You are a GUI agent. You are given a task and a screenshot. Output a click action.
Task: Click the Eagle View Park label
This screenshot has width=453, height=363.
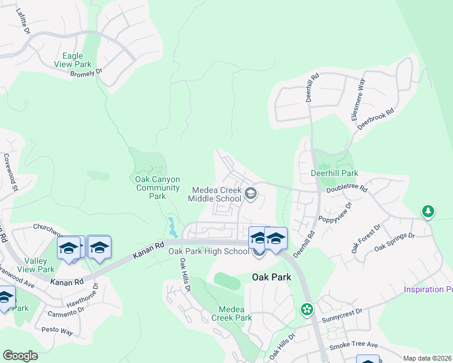(x=72, y=60)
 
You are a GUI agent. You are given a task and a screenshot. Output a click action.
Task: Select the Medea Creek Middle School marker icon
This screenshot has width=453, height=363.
(x=251, y=194)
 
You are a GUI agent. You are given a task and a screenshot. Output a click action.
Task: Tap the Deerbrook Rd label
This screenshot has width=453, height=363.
(x=376, y=119)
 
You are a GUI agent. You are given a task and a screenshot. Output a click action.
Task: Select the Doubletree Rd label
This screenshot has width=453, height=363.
(x=347, y=189)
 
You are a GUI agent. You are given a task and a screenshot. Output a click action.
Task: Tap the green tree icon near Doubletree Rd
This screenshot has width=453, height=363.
(x=428, y=211)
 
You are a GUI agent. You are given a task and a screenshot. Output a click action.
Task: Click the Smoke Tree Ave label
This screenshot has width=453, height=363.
(x=354, y=345)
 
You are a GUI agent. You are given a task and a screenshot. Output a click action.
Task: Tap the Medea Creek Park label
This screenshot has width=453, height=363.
(x=231, y=313)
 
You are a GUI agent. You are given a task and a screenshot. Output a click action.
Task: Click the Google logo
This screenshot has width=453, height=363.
(x=20, y=356)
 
